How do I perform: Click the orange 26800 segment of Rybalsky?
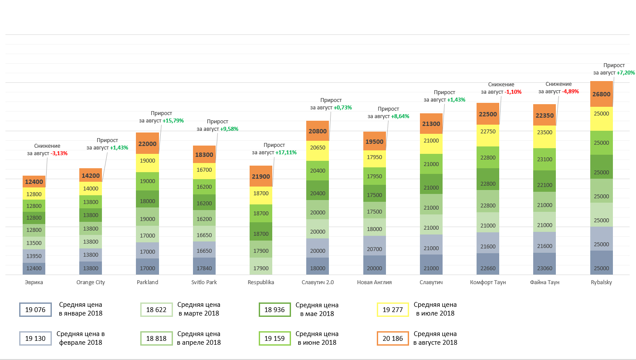pos(601,94)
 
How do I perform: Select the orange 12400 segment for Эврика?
pos(34,182)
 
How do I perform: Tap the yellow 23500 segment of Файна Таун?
pos(545,132)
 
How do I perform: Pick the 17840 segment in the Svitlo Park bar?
pos(204,268)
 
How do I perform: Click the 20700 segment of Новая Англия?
pos(374,249)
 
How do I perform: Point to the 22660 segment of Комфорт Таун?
pos(488,268)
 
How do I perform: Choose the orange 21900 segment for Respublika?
pos(261,176)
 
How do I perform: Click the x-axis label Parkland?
pos(147,282)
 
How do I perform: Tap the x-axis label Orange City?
pos(91,282)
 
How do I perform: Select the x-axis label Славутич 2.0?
pos(318,282)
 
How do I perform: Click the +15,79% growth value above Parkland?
pos(173,121)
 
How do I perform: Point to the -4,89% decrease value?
pos(570,92)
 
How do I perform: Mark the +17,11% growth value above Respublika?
pos(286,153)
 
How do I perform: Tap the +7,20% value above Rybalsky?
pos(626,73)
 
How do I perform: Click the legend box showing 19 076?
pos(35,310)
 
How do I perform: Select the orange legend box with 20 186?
pos(392,339)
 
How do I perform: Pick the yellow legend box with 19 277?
pos(392,310)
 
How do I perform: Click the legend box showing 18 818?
pos(156,339)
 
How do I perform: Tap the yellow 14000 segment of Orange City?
pos(91,189)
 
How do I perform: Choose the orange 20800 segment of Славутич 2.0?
pos(318,131)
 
